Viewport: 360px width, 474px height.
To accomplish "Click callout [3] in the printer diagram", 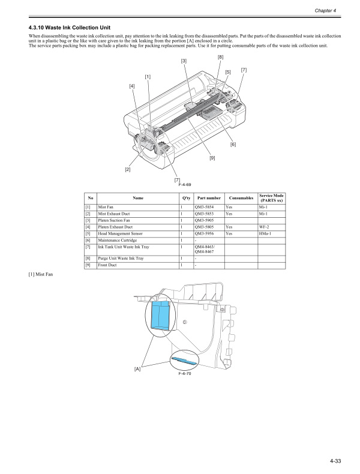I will point(183,61).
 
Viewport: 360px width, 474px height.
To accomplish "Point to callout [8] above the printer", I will point(221,57).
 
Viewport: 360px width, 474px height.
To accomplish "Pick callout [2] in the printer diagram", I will point(127,169).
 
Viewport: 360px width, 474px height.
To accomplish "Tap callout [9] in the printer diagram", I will point(212,158).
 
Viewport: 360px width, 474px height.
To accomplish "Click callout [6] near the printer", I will point(233,144).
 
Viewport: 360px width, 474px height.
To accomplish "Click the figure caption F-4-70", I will point(184,373).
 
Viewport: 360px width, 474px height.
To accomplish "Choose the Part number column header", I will point(206,198).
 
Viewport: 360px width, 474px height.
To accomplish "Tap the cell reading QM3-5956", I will point(205,233).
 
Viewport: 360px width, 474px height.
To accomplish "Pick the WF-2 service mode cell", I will point(263,227).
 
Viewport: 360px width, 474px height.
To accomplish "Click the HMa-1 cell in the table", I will point(265,233).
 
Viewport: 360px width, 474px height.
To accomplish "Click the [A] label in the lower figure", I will point(137,368).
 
